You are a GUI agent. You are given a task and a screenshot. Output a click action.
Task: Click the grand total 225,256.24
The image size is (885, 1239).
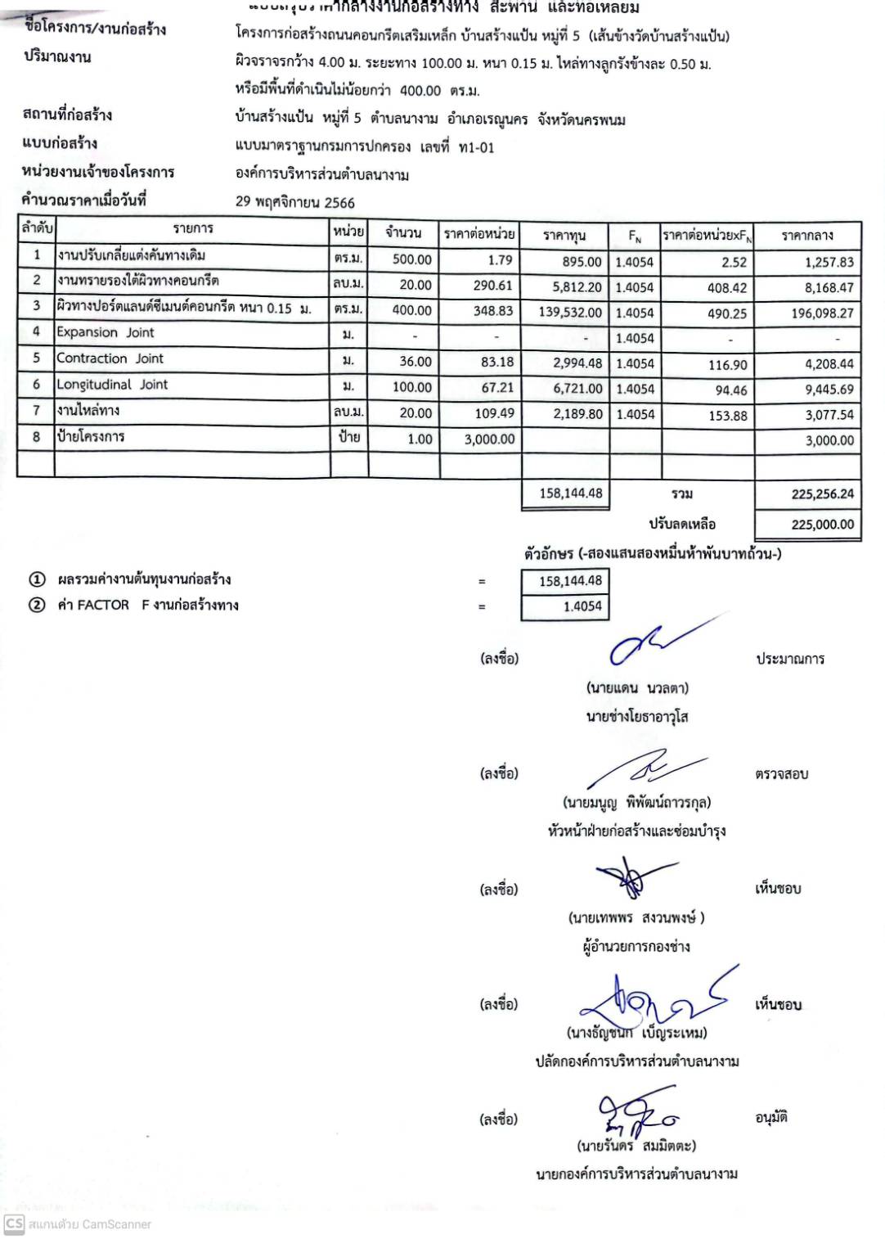pyautogui.click(x=822, y=494)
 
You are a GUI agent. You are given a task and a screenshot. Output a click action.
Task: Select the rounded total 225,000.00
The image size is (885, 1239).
pyautogui.click(x=822, y=525)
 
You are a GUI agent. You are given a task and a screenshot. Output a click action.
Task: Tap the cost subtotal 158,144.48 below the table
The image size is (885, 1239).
pyautogui.click(x=570, y=493)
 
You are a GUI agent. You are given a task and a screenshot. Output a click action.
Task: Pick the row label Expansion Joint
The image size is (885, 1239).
pyautogui.click(x=105, y=332)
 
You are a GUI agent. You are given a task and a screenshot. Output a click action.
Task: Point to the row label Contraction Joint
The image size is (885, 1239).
pyautogui.click(x=110, y=358)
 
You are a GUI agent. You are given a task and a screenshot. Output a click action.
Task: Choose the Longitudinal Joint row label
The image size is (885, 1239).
pyautogui.click(x=112, y=385)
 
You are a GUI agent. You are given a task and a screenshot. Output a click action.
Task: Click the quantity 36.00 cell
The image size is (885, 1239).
pyautogui.click(x=416, y=362)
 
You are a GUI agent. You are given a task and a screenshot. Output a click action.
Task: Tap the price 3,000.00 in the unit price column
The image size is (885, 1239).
pyautogui.click(x=489, y=439)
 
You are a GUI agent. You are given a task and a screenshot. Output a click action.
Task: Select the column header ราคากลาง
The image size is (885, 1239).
pyautogui.click(x=806, y=236)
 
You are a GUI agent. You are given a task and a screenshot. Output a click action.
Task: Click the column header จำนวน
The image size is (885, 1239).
pyautogui.click(x=403, y=233)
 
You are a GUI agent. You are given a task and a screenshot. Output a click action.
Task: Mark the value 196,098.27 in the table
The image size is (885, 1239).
pyautogui.click(x=822, y=313)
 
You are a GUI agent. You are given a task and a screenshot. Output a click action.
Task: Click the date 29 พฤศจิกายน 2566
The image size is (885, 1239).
pyautogui.click(x=295, y=202)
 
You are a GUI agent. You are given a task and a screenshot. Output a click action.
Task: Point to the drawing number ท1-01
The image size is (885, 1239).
pyautogui.click(x=477, y=147)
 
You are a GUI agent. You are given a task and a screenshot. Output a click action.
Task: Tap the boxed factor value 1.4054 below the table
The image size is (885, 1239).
pyautogui.click(x=582, y=606)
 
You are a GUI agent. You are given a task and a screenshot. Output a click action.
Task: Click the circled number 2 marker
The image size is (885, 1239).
pyautogui.click(x=37, y=606)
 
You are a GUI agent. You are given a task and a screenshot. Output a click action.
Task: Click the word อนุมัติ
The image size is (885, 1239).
pyautogui.click(x=771, y=1118)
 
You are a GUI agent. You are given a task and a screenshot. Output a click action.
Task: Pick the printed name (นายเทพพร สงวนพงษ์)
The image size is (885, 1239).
pyautogui.click(x=636, y=917)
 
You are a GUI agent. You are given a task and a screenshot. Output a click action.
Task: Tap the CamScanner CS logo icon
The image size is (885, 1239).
pyautogui.click(x=14, y=1224)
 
